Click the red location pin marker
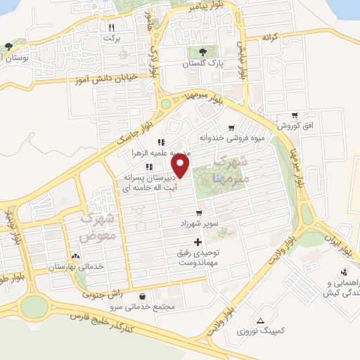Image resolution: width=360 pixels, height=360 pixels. (x=181, y=166)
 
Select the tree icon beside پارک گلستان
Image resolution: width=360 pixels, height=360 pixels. (x=202, y=51)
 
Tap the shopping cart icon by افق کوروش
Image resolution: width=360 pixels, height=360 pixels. (x=294, y=115)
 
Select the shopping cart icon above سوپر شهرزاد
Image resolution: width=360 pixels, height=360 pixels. (x=199, y=212)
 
